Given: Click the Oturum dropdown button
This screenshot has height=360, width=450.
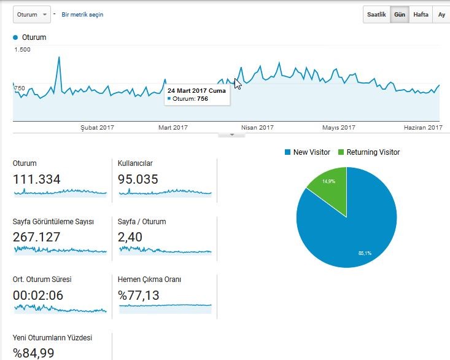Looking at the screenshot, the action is point(32,15).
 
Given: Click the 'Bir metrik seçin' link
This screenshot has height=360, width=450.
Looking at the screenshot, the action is point(82,15).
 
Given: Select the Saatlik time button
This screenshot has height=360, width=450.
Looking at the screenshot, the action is point(376,14).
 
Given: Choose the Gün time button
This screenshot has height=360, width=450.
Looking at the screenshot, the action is point(400,14).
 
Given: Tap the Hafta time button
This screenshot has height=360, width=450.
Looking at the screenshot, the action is point(421,14).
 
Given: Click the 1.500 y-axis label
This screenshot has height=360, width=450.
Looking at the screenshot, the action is point(22,50).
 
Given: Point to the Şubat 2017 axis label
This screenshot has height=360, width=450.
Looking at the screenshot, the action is point(97,127).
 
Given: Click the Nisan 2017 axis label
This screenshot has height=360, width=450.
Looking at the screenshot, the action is point(257,127).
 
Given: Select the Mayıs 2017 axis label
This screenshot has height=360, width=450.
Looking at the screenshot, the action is point(339,127).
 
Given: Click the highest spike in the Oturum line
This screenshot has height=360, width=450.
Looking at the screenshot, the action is point(59,57).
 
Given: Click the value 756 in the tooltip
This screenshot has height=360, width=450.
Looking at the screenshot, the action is point(203,99).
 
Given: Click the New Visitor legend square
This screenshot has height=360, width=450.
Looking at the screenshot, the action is point(287,152).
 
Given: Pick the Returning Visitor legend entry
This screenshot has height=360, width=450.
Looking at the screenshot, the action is point(369,152).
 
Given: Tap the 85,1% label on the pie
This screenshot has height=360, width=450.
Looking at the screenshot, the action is point(365,253).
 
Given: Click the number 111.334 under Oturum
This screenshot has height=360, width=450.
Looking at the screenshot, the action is point(36,179).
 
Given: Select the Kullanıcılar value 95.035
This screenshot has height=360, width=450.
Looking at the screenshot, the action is point(138,179).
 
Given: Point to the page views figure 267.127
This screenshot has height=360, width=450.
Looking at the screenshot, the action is point(36,237).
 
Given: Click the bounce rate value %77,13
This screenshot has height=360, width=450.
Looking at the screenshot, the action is point(138,295).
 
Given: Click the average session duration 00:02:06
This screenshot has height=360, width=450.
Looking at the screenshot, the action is point(38,295).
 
